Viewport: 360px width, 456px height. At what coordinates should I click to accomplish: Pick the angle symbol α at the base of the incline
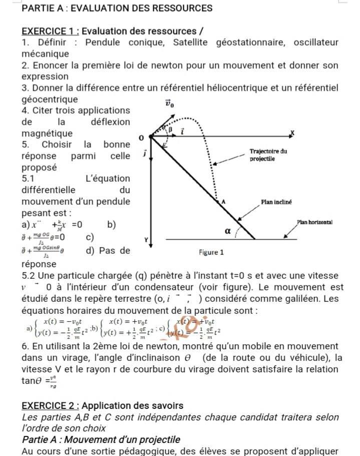pos(226,231)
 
